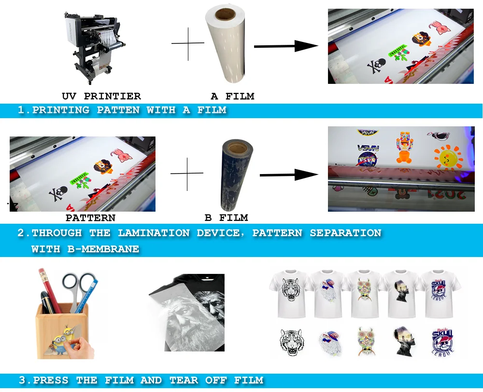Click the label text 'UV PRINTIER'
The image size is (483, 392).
(x=101, y=96)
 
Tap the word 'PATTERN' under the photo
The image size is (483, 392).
(x=90, y=218)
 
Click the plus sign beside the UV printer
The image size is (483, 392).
(x=188, y=44)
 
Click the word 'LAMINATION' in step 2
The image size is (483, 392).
(x=154, y=233)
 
